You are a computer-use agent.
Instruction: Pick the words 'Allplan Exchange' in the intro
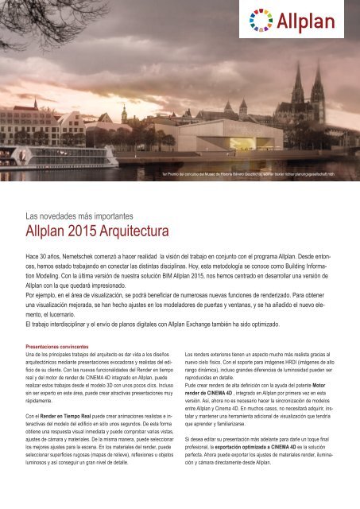(x=228, y=325)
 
